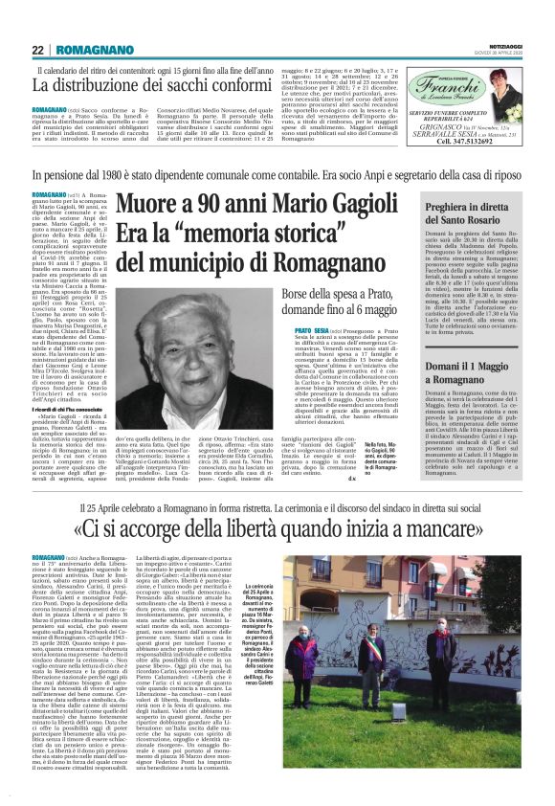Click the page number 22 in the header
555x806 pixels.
(x=38, y=50)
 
